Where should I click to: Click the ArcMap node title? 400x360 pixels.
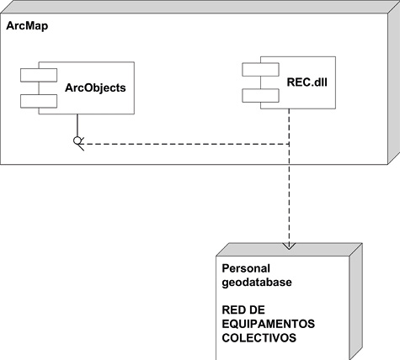27,26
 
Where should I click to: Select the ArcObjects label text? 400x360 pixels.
96,87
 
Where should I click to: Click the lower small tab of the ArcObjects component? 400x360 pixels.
39,101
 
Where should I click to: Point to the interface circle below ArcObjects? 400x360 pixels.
77,139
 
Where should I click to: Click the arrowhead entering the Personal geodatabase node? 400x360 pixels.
289,246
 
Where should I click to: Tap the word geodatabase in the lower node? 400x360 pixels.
256,283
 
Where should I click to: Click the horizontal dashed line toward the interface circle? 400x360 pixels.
185,144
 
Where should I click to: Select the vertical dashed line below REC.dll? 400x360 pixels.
289,193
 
